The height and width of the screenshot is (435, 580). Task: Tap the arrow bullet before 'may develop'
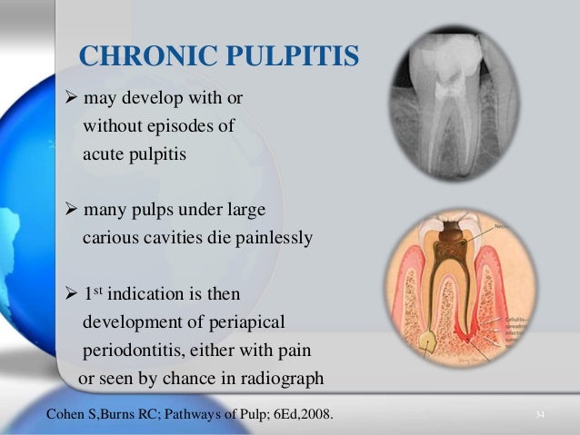(x=74, y=98)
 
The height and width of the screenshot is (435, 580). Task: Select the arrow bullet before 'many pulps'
(x=74, y=211)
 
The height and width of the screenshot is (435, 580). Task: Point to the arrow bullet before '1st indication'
(x=74, y=295)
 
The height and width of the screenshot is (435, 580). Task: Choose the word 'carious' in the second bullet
(x=110, y=239)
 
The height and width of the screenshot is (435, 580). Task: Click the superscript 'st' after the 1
(x=100, y=291)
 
